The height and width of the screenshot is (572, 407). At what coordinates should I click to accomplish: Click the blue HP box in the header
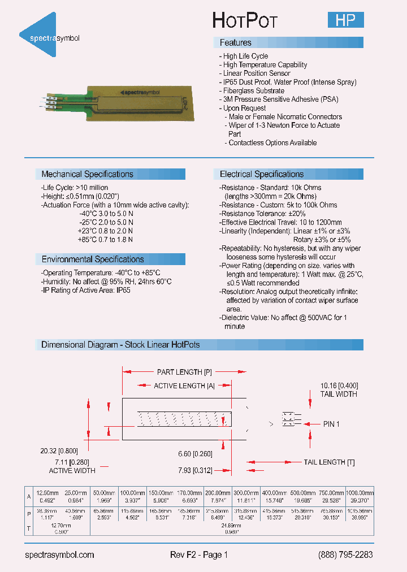[345, 20]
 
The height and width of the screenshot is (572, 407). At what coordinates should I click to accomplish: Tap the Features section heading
[235, 43]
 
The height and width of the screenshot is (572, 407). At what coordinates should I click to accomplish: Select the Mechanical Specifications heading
[87, 174]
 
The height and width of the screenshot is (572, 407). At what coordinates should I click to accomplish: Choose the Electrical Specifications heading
[261, 174]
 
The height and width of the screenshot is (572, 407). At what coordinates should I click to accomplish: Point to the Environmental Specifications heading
[93, 259]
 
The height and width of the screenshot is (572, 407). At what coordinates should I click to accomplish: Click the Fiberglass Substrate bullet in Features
[253, 90]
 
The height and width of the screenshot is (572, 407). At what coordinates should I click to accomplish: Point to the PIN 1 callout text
[331, 424]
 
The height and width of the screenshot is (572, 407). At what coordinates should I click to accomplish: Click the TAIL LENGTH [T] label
[329, 462]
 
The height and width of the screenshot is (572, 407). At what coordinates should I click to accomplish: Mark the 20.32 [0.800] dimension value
[59, 451]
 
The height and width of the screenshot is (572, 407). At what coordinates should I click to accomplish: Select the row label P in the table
[29, 514]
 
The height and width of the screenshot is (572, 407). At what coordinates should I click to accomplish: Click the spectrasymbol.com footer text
[60, 555]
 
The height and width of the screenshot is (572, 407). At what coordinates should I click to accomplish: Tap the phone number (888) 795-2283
[345, 555]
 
